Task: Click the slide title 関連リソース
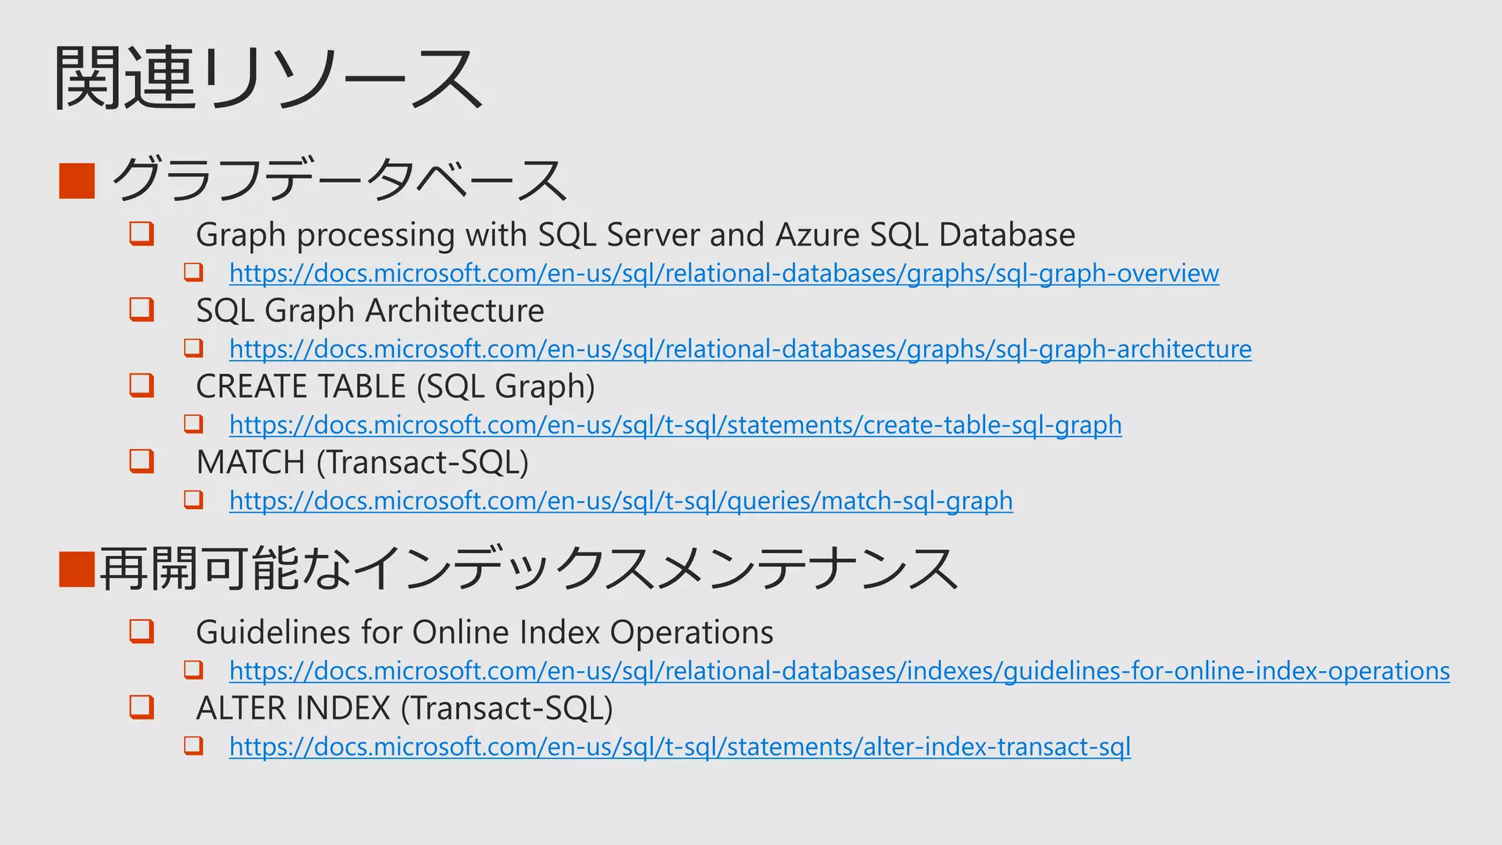click(268, 78)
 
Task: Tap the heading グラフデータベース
click(339, 180)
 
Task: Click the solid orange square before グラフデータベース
click(77, 180)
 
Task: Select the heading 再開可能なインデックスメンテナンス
click(528, 569)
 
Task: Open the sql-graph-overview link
click(724, 274)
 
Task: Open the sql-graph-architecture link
click(740, 349)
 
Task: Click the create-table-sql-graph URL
click(675, 425)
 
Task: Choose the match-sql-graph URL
click(620, 501)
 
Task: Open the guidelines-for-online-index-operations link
click(839, 671)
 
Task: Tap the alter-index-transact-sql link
click(680, 747)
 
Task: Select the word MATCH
click(250, 463)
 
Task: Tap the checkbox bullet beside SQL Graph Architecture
click(142, 309)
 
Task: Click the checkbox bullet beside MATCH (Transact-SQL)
click(142, 461)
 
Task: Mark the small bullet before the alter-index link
click(194, 745)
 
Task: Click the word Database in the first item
click(1007, 235)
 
